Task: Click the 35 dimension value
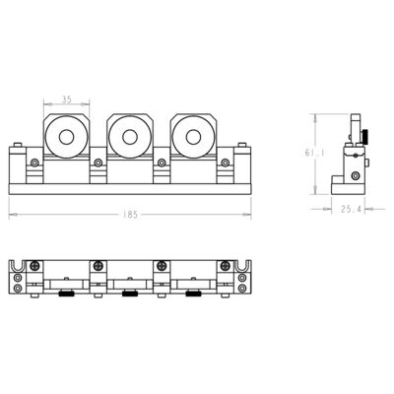point(66,99)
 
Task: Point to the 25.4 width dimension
point(350,209)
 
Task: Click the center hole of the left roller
point(66,138)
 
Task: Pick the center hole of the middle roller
point(129,138)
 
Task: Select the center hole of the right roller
point(192,138)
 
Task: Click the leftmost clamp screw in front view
point(34,162)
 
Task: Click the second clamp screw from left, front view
point(98,162)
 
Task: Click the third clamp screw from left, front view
point(161,162)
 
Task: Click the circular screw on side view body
point(351,158)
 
